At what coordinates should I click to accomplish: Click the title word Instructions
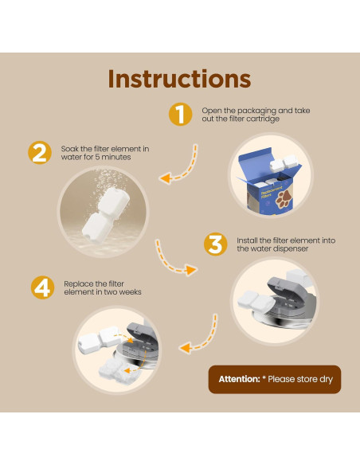pos(179,79)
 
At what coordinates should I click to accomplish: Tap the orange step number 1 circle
pos(181,114)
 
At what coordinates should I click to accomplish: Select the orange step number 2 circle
pos(39,153)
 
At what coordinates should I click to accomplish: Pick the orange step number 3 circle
pos(214,244)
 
